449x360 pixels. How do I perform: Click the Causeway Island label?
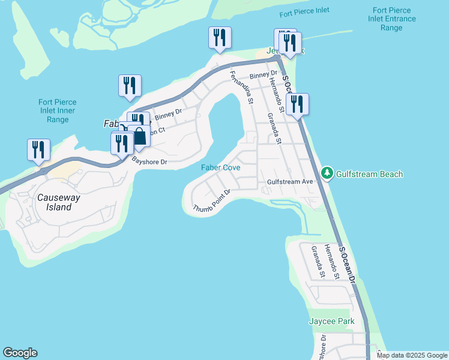(54, 202)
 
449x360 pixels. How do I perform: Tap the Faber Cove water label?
(220, 168)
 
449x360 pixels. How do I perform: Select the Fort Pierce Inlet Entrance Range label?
(391, 19)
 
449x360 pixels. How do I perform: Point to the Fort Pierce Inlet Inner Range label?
(57, 111)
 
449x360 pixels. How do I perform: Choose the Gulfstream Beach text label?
(369, 174)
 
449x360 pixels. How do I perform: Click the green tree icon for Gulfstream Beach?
(327, 173)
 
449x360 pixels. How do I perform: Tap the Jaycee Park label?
(331, 322)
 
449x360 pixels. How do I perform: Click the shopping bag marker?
(139, 136)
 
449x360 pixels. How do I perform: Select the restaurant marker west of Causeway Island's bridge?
(39, 149)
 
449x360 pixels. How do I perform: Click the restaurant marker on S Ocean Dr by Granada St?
(297, 104)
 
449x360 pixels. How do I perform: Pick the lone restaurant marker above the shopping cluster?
(130, 85)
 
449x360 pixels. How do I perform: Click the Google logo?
(20, 353)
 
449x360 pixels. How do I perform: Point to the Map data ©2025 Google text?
(412, 355)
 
